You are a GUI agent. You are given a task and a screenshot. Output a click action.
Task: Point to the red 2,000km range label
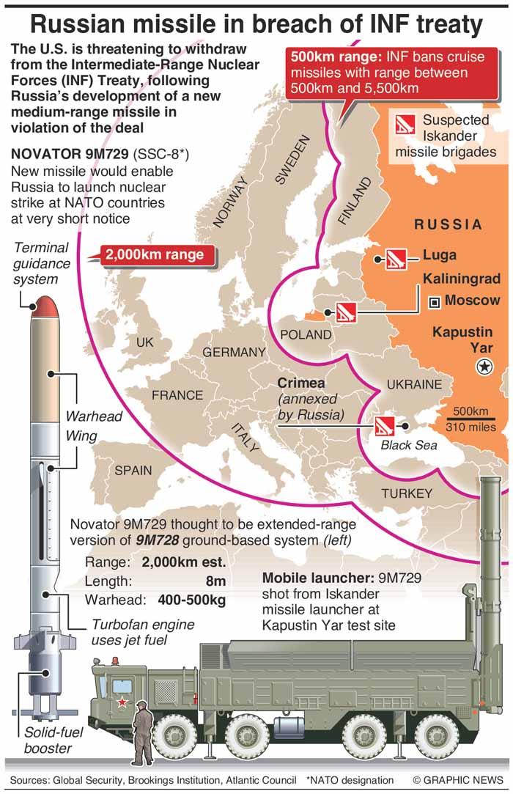click(x=160, y=255)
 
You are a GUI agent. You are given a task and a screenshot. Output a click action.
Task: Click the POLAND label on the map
click(x=306, y=334)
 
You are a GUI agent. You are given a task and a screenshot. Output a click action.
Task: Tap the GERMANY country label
click(x=234, y=353)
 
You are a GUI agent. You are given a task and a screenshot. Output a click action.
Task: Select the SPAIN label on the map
click(x=133, y=470)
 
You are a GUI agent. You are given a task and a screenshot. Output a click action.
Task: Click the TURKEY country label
click(x=407, y=493)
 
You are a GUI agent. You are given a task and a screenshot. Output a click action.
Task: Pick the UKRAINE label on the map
click(x=414, y=384)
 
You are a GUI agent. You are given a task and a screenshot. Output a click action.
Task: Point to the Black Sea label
click(x=408, y=445)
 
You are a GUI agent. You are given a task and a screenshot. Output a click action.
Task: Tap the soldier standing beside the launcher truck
click(x=141, y=733)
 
